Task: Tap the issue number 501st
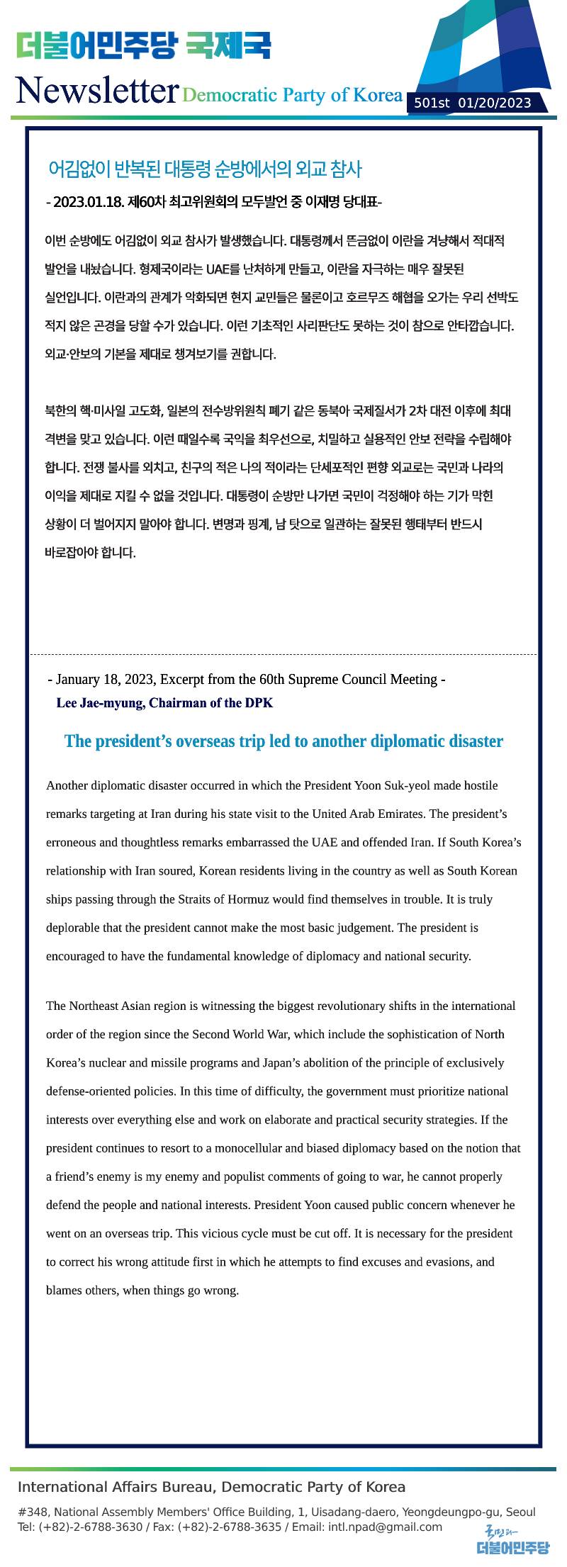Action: point(432,103)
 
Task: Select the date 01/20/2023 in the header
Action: point(495,103)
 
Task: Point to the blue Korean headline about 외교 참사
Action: point(205,169)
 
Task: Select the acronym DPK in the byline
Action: point(259,703)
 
